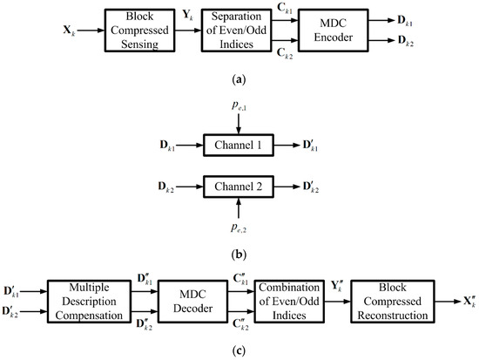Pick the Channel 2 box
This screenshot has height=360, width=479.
click(x=239, y=187)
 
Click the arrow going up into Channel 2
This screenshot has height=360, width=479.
click(x=239, y=207)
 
